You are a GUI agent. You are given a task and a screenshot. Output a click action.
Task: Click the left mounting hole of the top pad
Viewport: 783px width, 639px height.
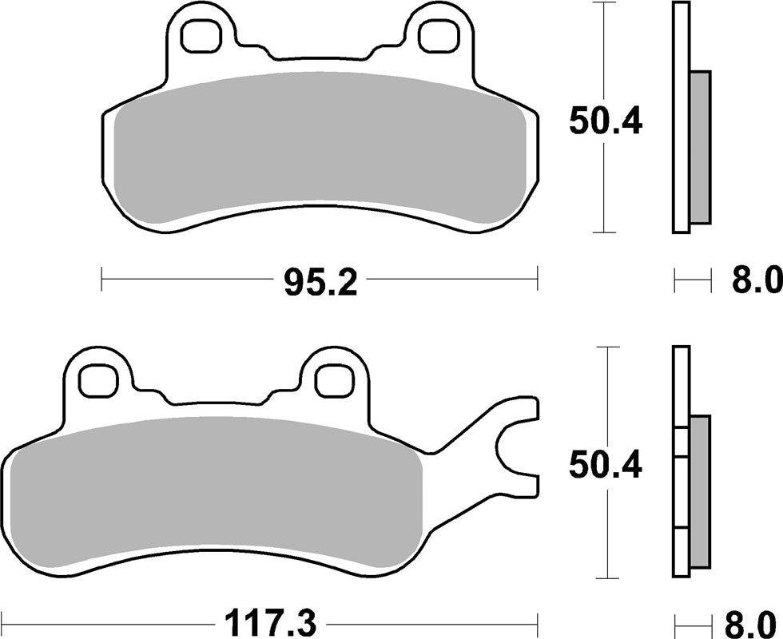coord(200,34)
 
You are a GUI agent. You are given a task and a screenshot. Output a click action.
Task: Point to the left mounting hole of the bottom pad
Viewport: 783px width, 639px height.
coord(97,379)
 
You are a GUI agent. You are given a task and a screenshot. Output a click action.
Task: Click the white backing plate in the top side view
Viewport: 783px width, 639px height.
coord(681,120)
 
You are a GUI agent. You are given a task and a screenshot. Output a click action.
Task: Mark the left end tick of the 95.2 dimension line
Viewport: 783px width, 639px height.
coord(103,280)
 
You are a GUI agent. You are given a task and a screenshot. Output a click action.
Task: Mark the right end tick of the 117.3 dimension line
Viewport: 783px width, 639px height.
coord(539,621)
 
